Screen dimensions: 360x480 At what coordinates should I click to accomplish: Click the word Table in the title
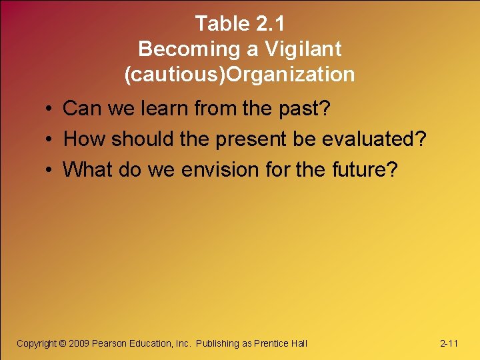click(223, 24)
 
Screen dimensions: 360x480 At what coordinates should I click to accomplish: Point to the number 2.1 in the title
click(270, 24)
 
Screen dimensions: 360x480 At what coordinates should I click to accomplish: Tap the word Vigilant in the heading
click(303, 49)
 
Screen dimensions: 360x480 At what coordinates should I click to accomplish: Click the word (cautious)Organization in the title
click(239, 74)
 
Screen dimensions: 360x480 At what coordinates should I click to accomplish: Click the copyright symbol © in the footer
click(63, 343)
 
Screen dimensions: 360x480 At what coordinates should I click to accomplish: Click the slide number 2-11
click(449, 343)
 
